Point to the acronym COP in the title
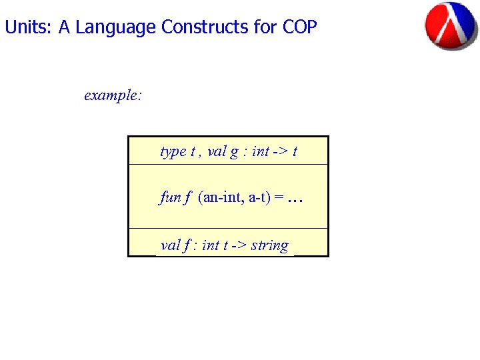pyautogui.click(x=299, y=27)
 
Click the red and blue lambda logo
pyautogui.click(x=451, y=25)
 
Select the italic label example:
pyautogui.click(x=113, y=95)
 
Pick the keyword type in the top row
pyautogui.click(x=173, y=152)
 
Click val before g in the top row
pyautogui.click(x=217, y=151)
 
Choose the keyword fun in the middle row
pyautogui.click(x=170, y=197)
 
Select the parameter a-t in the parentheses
pyautogui.click(x=258, y=198)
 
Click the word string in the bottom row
pyautogui.click(x=270, y=246)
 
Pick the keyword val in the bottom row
pyautogui.click(x=171, y=245)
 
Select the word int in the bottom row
pyautogui.click(x=210, y=245)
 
